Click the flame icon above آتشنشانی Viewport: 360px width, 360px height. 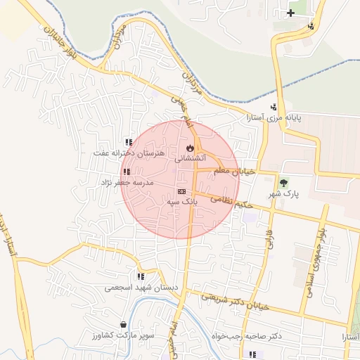(189, 148)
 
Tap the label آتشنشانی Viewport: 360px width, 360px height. (188, 160)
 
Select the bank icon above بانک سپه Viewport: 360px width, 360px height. (181, 191)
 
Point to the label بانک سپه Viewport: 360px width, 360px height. (182, 202)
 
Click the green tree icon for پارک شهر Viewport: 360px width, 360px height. (284, 181)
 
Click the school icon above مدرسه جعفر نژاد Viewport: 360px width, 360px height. (126, 172)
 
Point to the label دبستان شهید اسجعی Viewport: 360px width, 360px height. (138, 288)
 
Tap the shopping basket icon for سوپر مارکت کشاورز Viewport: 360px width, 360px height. (124, 325)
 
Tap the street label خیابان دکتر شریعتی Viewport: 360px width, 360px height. (242, 300)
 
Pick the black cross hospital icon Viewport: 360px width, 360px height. (290, 13)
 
